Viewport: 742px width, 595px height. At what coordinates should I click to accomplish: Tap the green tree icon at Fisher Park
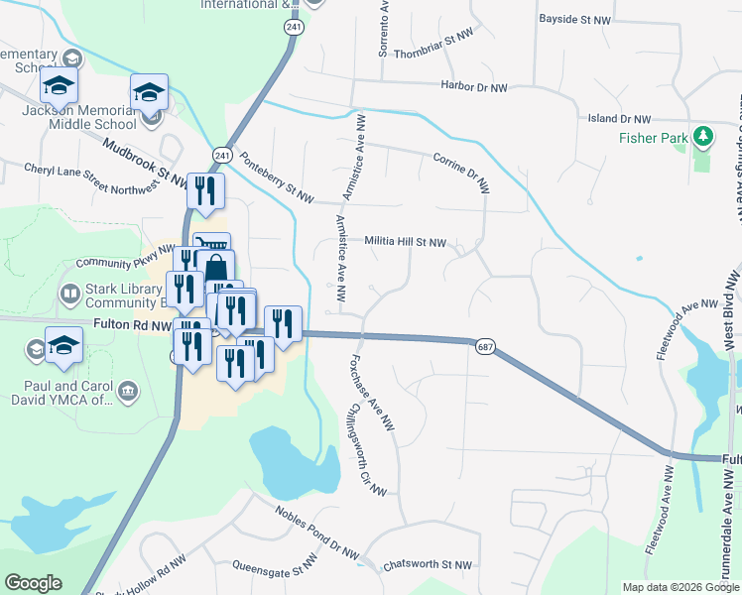click(704, 135)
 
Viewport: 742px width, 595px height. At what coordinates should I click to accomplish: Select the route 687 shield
click(484, 347)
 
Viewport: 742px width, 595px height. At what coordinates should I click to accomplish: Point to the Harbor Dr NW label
click(474, 87)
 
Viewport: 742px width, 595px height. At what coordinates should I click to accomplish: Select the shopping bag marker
click(217, 268)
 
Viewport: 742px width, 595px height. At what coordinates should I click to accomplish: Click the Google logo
click(33, 583)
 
